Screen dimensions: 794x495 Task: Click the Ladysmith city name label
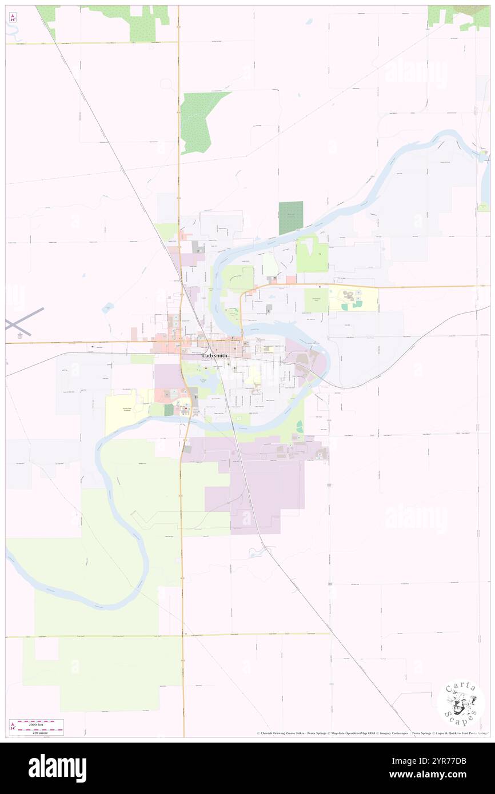214,355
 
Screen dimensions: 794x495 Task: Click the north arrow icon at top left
13,17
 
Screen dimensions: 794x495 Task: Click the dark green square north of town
291,218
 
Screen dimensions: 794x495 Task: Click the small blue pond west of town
107,307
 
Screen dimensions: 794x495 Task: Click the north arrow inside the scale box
12,727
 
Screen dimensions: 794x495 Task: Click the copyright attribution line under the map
372,733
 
